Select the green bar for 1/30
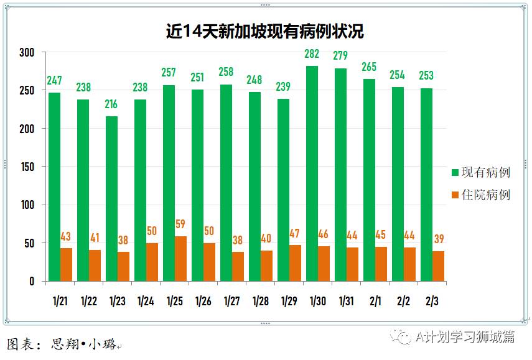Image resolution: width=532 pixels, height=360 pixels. pos(312,173)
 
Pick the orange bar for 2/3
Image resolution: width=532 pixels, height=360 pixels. pos(438,266)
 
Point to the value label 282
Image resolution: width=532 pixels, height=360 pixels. pos(312,55)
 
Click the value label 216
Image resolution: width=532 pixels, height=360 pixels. pos(111,104)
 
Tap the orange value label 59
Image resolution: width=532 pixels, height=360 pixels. pos(180,224)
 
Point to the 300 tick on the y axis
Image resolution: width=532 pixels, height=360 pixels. pos(26,52)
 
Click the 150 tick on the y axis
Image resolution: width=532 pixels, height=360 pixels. pos(26,167)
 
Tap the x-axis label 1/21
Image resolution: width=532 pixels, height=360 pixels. pos(60,301)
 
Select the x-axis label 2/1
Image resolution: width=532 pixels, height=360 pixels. pos(375,301)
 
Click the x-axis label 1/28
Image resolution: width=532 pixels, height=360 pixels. pos(261,301)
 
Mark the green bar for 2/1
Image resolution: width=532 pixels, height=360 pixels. pos(369,180)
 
